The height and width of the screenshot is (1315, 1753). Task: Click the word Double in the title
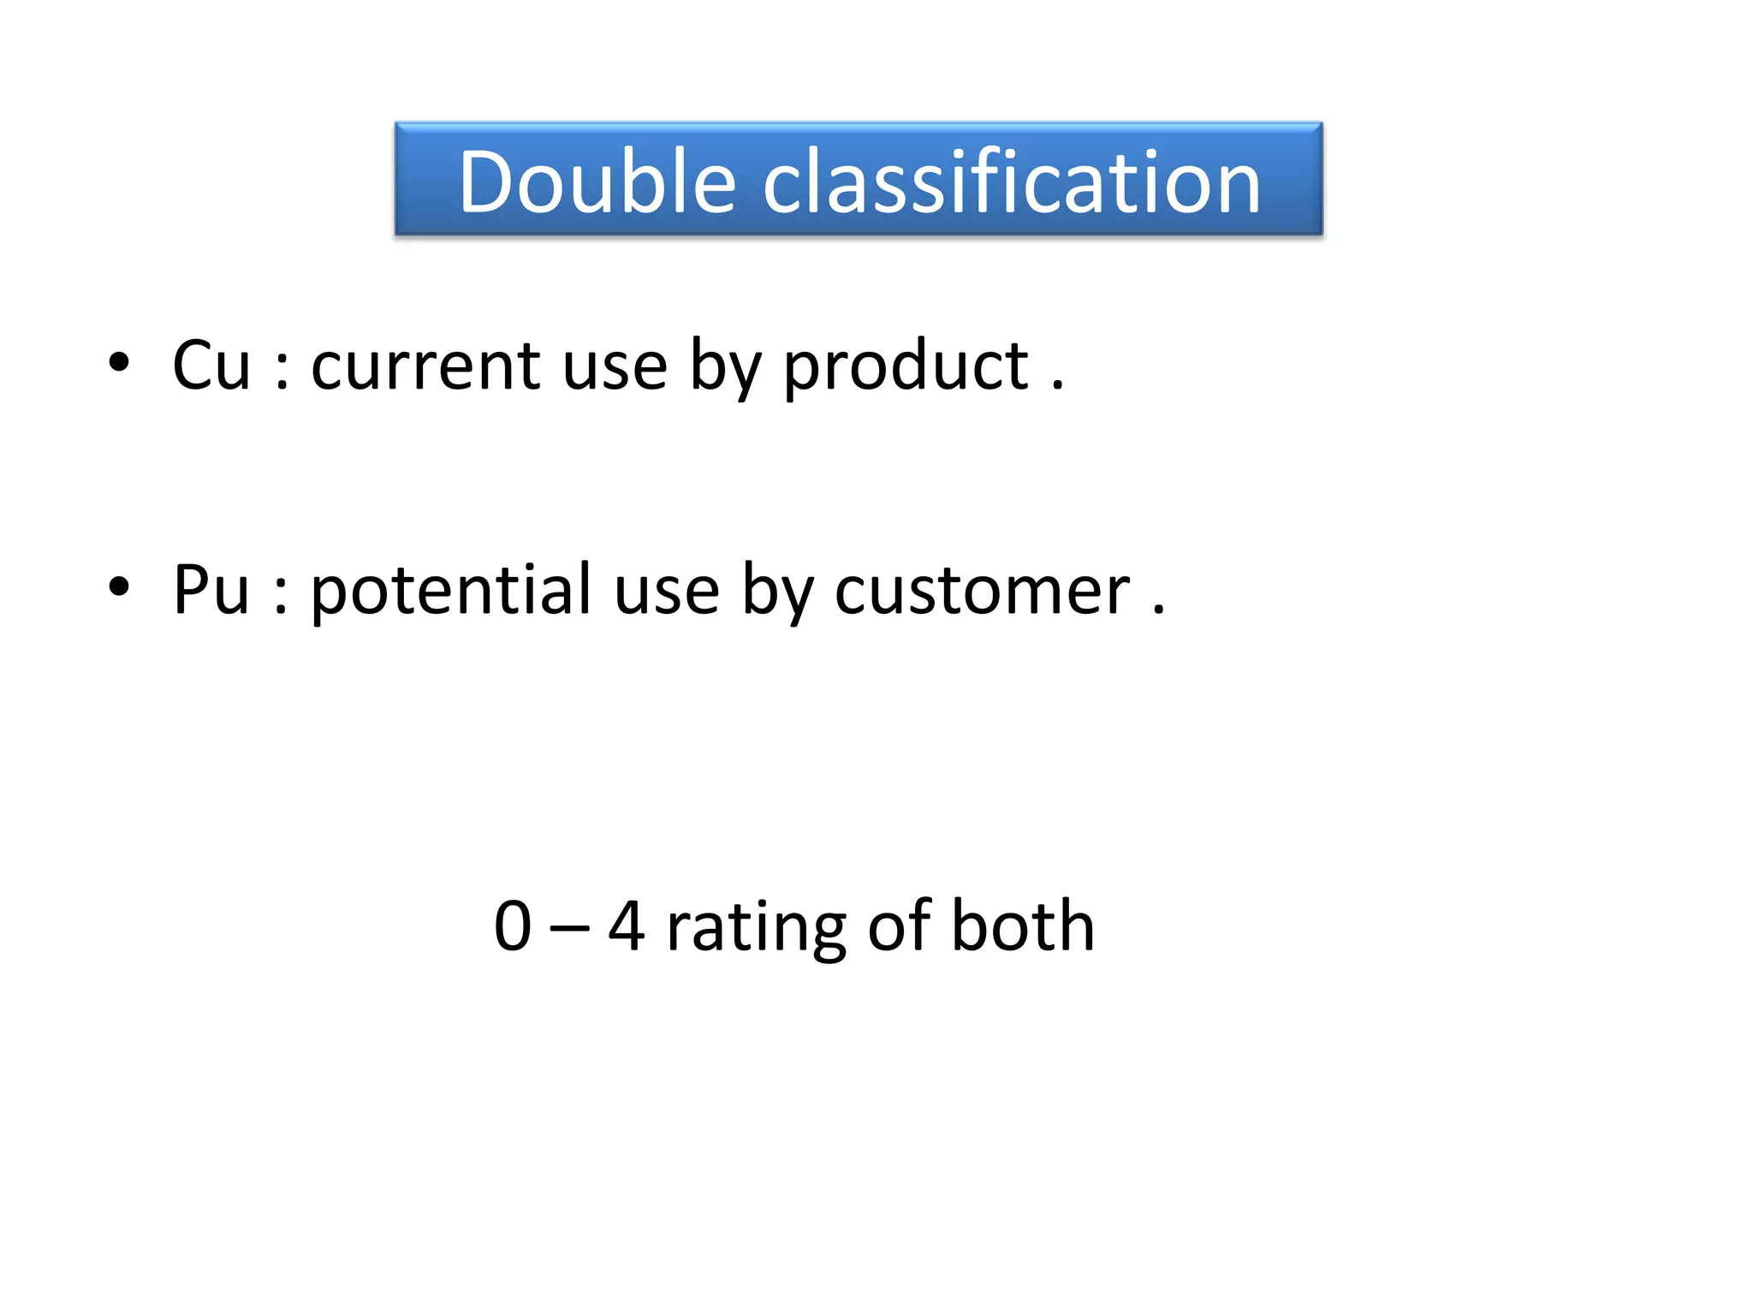597,181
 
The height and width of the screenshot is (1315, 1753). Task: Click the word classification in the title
1012,181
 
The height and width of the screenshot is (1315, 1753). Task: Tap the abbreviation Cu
211,366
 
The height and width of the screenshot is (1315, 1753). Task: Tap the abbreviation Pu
211,590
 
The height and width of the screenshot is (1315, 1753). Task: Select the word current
425,366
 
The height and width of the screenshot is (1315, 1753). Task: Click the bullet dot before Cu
119,362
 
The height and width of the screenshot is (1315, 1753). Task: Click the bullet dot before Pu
119,586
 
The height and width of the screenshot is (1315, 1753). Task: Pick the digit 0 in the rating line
513,926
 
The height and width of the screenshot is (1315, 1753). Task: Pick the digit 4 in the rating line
627,926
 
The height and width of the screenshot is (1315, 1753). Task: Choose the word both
1023,926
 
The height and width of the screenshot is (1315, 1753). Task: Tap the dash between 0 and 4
569,930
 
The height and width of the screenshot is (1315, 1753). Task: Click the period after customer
1159,611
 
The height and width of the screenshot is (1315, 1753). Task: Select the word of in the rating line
899,926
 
